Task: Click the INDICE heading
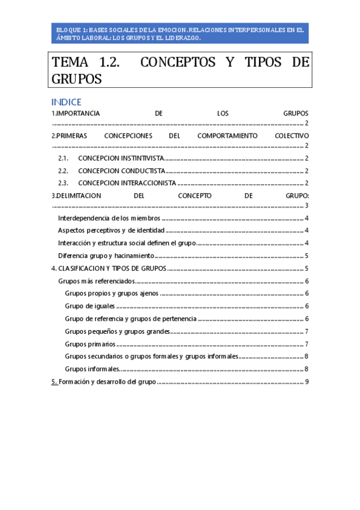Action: pos(66,102)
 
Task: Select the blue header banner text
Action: pos(180,33)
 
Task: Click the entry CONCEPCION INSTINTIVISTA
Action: pos(121,158)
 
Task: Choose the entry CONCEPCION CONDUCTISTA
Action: pos(121,171)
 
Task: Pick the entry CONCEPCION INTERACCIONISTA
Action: pos(127,183)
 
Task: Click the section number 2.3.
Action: pos(64,183)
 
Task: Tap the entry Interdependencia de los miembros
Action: pos(109,218)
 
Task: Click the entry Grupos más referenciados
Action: pos(96,281)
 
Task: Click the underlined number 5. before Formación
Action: pos(55,381)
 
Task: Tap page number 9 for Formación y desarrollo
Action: pos(307,381)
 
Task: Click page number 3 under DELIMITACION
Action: pos(307,206)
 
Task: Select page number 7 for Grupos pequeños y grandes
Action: pos(307,331)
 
